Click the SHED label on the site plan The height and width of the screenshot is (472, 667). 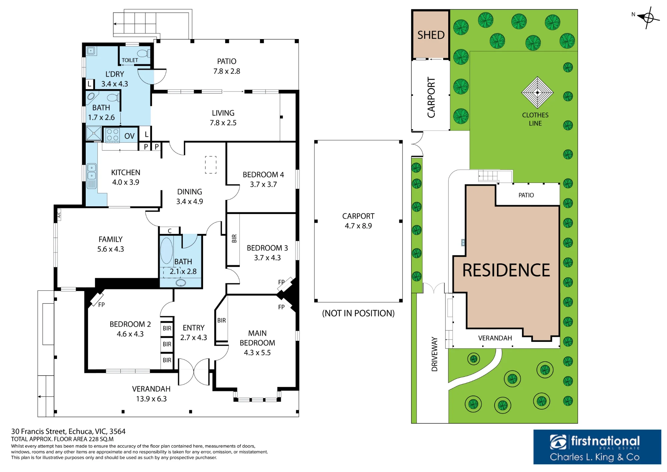click(x=431, y=35)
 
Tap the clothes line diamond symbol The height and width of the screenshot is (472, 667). click(x=537, y=92)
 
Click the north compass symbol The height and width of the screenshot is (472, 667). click(x=648, y=17)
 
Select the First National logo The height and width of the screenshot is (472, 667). click(x=597, y=447)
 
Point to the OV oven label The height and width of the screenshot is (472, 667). click(x=129, y=136)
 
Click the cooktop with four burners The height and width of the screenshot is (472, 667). click(x=113, y=135)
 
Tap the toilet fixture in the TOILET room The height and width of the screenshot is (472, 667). click(x=144, y=53)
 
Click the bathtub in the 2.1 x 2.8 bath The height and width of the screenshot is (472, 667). click(x=166, y=250)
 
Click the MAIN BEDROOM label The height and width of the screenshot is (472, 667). click(x=257, y=338)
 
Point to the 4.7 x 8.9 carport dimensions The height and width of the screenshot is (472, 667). click(x=358, y=226)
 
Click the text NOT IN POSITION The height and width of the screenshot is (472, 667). click(x=358, y=313)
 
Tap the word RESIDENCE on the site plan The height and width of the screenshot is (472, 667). click(x=506, y=270)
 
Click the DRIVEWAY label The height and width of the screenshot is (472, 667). click(x=434, y=354)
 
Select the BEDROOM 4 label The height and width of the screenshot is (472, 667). click(x=263, y=175)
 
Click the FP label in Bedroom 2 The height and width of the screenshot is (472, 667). click(x=101, y=305)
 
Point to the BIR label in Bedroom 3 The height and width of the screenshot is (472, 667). click(x=234, y=238)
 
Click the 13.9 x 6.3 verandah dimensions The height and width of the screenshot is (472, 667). click(x=151, y=399)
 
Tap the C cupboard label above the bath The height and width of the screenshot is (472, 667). click(x=170, y=231)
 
